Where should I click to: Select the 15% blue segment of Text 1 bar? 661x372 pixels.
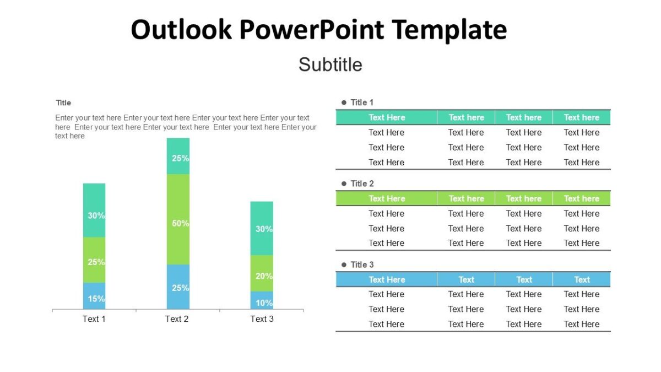(94, 296)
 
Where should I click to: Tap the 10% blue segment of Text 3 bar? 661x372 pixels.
(262, 300)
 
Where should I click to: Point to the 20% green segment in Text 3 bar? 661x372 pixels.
(262, 273)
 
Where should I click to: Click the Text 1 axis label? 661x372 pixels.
(94, 319)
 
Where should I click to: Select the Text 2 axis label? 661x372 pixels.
(177, 319)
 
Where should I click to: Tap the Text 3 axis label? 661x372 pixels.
(262, 319)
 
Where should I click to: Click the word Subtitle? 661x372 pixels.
(330, 64)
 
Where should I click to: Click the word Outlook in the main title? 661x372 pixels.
(181, 30)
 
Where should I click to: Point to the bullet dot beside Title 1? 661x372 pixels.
(344, 103)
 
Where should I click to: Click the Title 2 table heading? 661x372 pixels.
(362, 184)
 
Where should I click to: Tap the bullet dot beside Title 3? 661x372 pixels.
(344, 265)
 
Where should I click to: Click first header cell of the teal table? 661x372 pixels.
(387, 117)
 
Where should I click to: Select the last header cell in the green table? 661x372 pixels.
(581, 198)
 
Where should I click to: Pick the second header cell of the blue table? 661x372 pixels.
(466, 279)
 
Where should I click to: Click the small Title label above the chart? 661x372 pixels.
(63, 103)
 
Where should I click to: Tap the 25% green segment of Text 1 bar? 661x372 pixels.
(94, 260)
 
